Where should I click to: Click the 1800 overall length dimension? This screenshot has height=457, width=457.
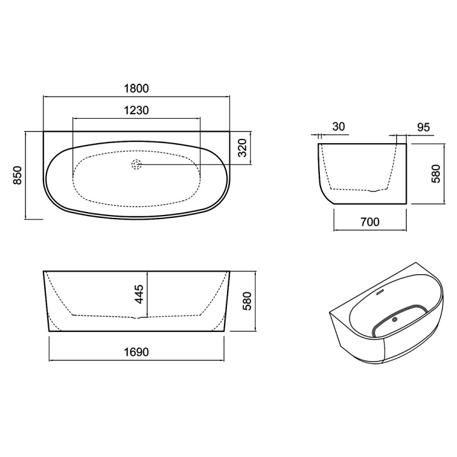tap(137, 88)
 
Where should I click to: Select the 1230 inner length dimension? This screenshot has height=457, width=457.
tap(137, 111)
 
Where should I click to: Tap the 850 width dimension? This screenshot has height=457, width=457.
tap(18, 175)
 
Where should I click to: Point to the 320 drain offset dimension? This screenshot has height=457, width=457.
tap(243, 148)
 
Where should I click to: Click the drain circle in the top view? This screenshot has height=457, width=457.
tap(136, 165)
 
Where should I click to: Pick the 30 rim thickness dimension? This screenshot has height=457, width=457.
tap(338, 127)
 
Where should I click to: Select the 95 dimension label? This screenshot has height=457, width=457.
tap(423, 127)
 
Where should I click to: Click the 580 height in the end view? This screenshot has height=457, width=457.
tap(436, 174)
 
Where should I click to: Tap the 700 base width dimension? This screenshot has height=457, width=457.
tap(370, 222)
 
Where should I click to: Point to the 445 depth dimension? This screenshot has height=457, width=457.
tap(139, 295)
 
